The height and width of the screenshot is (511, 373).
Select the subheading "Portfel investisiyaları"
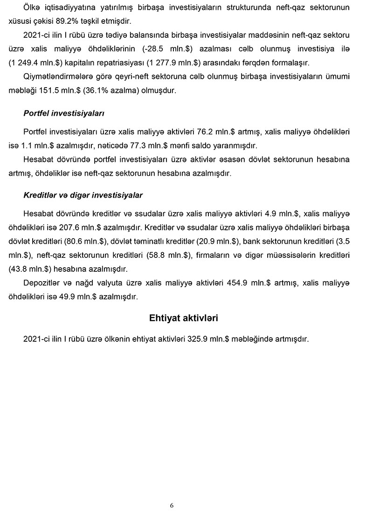tap(64, 113)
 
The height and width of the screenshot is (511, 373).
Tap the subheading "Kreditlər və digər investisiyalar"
tap(83, 194)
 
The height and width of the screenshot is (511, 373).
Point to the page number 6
tap(172, 505)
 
